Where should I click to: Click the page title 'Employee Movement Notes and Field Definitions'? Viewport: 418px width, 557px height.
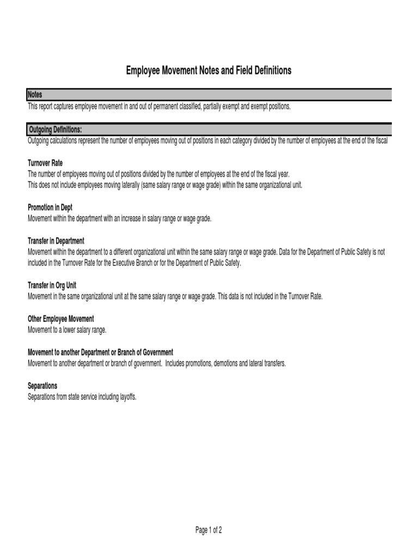[x=209, y=71]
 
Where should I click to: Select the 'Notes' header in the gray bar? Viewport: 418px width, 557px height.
[x=35, y=95]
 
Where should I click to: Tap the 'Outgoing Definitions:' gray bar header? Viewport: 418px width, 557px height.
[x=56, y=129]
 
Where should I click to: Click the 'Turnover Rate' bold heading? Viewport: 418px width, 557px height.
[x=45, y=163]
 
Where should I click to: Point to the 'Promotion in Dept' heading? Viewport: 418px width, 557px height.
[x=50, y=207]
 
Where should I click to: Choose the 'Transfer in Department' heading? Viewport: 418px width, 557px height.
[x=56, y=240]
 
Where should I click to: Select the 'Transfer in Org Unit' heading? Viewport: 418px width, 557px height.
[x=53, y=285]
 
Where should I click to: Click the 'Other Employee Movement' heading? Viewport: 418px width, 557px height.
[x=60, y=319]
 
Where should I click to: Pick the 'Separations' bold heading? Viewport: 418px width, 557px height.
[x=42, y=386]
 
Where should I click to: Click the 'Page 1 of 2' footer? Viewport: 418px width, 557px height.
[x=208, y=531]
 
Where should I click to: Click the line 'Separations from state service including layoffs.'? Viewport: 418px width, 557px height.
[x=82, y=397]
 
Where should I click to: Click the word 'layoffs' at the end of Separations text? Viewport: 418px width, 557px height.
[x=126, y=397]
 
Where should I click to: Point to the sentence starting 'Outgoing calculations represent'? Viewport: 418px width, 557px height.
[x=207, y=140]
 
